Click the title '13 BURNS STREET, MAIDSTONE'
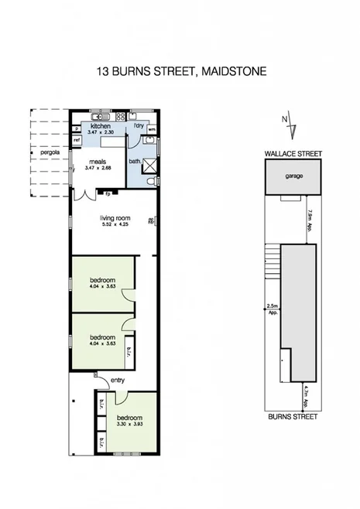point(180,71)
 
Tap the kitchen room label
point(101,126)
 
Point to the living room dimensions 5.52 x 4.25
point(115,225)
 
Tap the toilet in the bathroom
point(155,179)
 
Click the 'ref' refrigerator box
point(77,140)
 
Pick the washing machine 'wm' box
point(152,128)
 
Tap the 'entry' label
point(118,380)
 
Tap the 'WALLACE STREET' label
point(292,155)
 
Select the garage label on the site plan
point(293,176)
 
